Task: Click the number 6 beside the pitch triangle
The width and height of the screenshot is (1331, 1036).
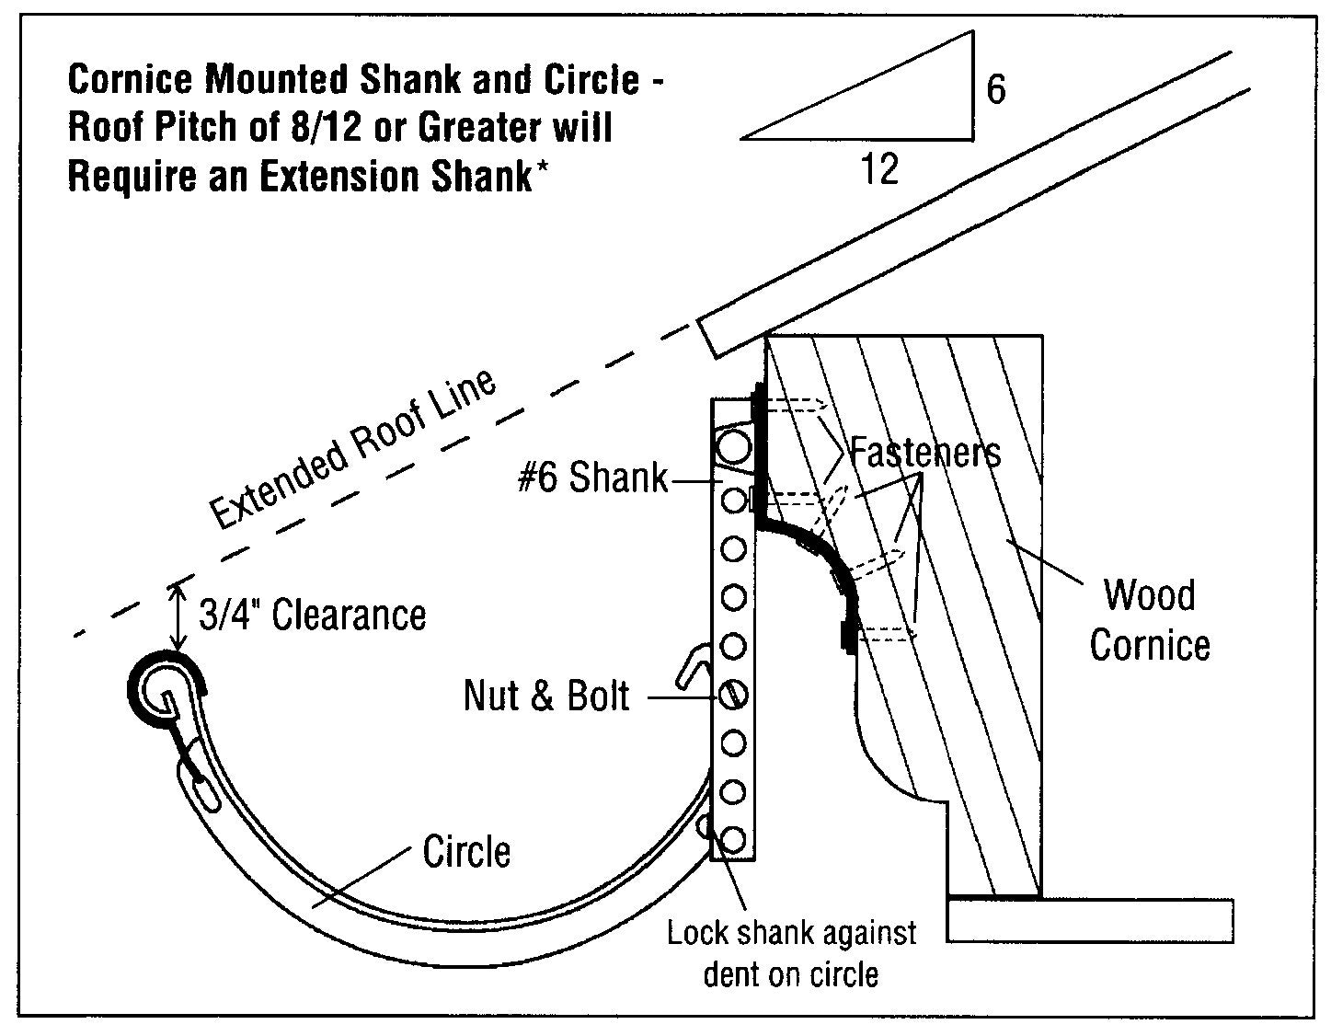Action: (x=995, y=89)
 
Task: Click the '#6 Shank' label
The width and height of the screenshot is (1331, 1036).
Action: (x=592, y=478)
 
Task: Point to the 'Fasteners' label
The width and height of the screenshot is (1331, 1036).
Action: (x=924, y=453)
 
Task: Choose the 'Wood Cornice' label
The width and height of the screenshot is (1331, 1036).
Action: (x=1150, y=620)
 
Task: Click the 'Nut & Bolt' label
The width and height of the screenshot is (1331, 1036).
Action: (x=546, y=696)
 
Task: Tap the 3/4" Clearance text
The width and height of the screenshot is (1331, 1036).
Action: (x=313, y=615)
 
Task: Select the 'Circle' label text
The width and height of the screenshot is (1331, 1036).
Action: (x=465, y=852)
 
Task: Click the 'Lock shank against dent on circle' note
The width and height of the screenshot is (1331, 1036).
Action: (x=791, y=953)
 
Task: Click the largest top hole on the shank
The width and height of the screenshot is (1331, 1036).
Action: (x=734, y=448)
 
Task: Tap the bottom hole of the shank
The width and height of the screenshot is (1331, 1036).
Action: (x=733, y=839)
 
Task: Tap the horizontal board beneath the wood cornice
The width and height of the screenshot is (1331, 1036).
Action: (x=1089, y=920)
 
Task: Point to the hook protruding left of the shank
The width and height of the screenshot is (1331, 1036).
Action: (x=692, y=666)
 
